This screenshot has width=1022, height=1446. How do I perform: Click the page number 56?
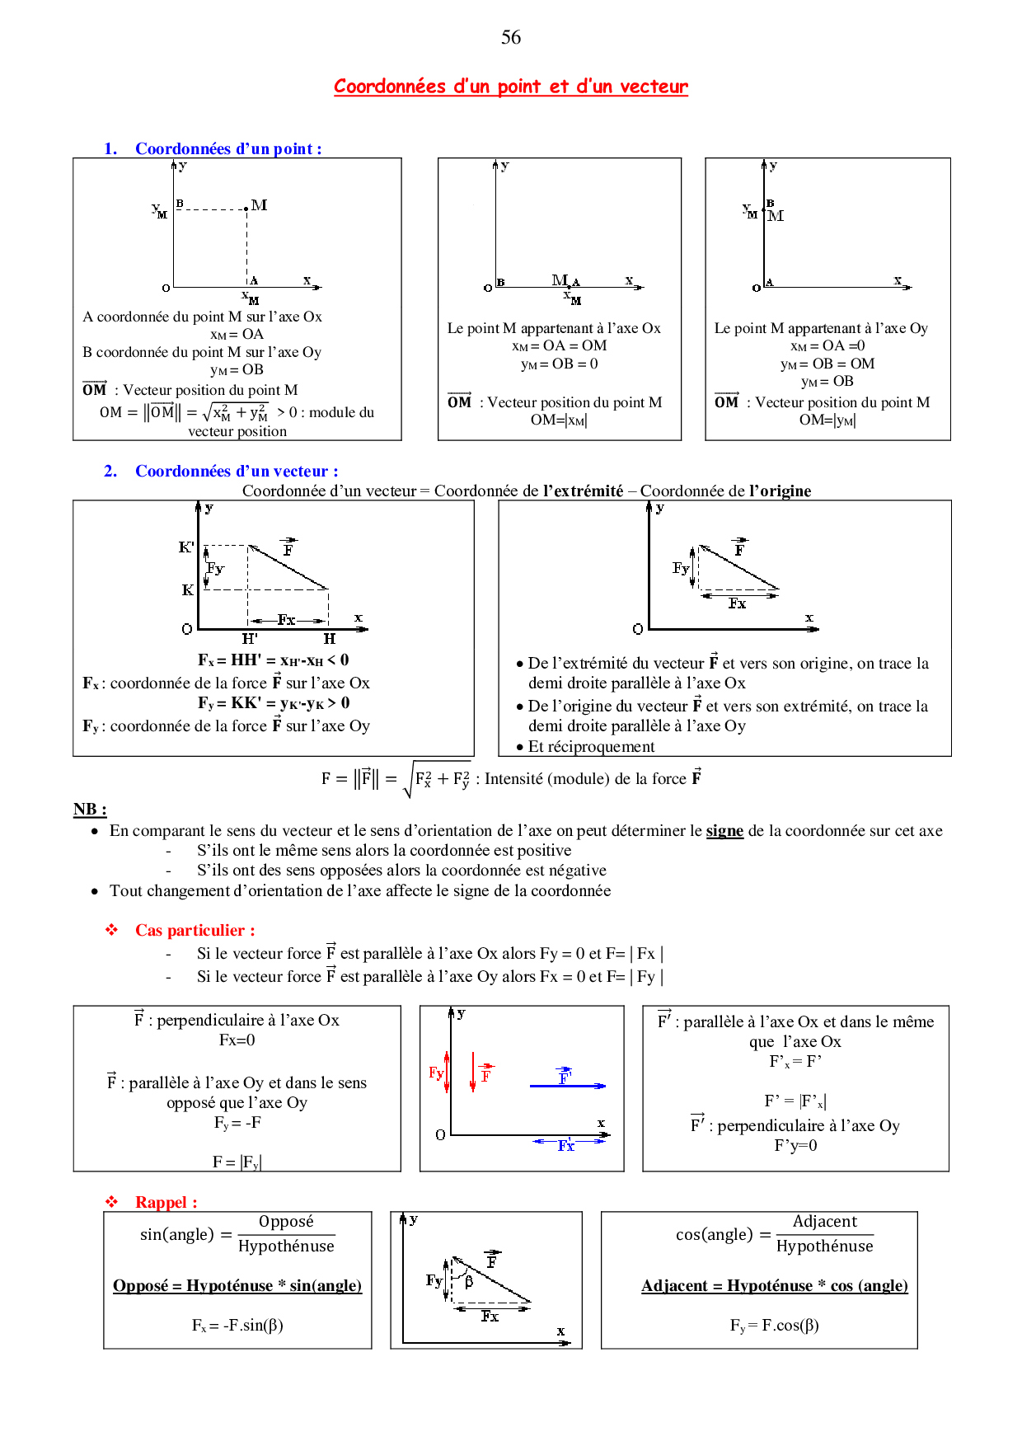(x=511, y=37)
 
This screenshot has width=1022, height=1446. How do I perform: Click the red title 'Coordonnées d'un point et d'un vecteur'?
(x=511, y=87)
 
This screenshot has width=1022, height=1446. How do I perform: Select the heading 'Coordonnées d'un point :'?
(x=228, y=148)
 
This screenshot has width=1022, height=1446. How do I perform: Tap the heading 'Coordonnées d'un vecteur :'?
(x=237, y=471)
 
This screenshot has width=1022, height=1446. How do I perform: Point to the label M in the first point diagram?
(x=260, y=204)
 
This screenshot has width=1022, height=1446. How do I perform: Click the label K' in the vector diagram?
(x=186, y=547)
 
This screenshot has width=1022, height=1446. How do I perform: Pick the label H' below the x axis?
(x=250, y=639)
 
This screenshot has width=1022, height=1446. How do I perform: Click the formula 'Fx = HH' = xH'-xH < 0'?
(x=273, y=660)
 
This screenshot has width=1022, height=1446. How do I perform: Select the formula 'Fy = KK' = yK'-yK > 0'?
(x=274, y=702)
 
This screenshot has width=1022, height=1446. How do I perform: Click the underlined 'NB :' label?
(x=90, y=809)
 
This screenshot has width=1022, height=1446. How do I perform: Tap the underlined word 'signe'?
(x=724, y=830)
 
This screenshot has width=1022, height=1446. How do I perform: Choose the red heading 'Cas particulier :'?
(x=195, y=930)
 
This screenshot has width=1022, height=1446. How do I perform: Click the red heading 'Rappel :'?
(x=166, y=1202)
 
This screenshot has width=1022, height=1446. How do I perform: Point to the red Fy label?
(x=435, y=1073)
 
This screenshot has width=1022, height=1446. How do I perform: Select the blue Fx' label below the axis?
(x=566, y=1146)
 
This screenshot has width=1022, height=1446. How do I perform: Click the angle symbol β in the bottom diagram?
(x=469, y=1282)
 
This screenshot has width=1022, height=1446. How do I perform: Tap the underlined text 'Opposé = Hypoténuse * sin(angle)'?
(x=237, y=1285)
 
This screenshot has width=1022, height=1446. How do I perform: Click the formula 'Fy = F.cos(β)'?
(x=774, y=1325)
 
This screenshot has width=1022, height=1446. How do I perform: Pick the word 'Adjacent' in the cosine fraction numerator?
(x=824, y=1221)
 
